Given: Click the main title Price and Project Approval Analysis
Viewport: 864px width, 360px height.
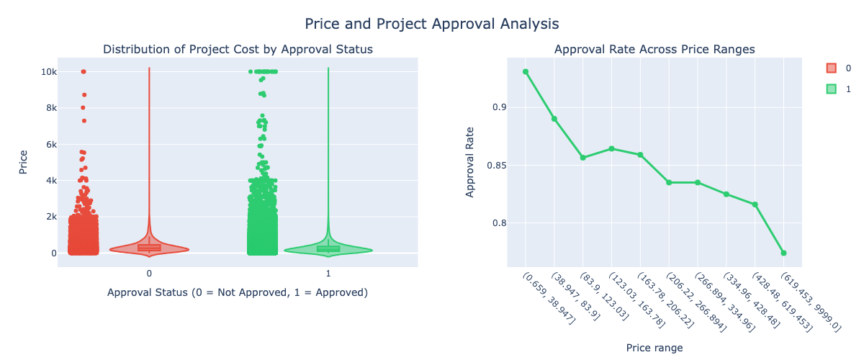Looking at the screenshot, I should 431,24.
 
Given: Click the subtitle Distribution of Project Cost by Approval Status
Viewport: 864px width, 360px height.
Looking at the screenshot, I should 238,49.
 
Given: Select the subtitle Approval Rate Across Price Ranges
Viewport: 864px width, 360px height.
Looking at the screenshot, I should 654,49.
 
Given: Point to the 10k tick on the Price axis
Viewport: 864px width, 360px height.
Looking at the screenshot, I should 49,72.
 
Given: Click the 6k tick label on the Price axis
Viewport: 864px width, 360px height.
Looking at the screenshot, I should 49,144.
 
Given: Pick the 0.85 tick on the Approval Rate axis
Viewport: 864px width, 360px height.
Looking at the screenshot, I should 496,166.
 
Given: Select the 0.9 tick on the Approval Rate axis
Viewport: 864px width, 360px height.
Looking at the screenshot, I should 500,107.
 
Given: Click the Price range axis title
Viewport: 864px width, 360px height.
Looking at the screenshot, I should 654,347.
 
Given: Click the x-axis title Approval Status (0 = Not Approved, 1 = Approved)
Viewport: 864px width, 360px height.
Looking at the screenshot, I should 238,292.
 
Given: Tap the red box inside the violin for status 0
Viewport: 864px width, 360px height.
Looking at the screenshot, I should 149,248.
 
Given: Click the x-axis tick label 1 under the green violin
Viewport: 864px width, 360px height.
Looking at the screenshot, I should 328,274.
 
